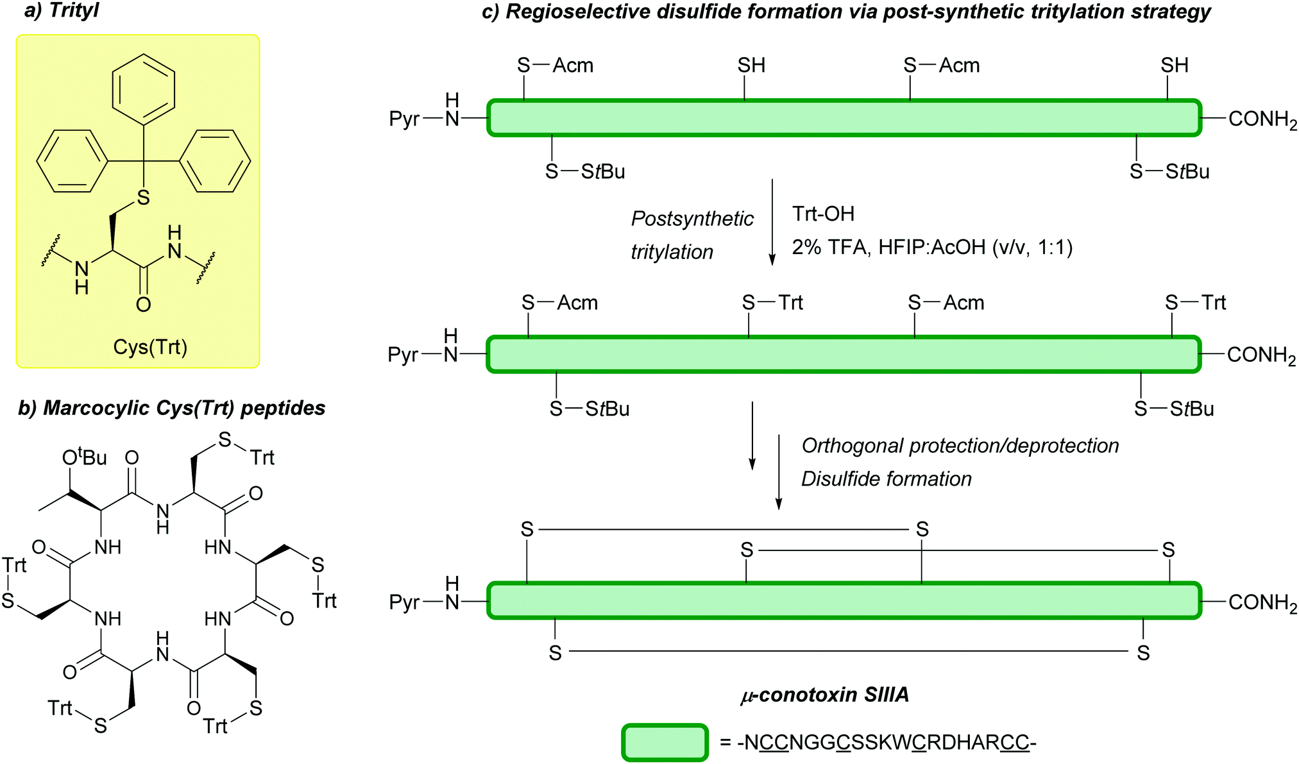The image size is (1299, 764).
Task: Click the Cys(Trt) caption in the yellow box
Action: click(x=150, y=347)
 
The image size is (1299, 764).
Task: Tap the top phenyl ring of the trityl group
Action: click(x=143, y=89)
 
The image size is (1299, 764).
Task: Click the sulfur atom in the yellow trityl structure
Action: click(x=143, y=198)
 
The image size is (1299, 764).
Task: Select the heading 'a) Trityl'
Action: click(x=62, y=10)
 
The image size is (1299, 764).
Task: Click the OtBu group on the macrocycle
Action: click(x=84, y=457)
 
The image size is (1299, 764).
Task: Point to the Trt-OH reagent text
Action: click(x=823, y=214)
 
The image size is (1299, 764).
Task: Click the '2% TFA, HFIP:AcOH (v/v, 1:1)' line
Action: click(x=932, y=247)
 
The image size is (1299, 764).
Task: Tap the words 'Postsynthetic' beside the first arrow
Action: click(x=692, y=219)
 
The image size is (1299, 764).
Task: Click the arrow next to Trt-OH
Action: click(x=772, y=222)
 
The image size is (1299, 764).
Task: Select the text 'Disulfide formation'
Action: click(x=886, y=479)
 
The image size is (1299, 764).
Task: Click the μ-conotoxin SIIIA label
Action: click(x=824, y=695)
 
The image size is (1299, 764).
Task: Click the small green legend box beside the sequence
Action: click(x=665, y=742)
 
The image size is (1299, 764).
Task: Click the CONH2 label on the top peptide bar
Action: click(x=1262, y=119)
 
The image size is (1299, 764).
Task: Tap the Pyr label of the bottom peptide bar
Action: click(x=404, y=602)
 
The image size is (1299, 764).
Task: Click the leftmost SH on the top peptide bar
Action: click(x=751, y=65)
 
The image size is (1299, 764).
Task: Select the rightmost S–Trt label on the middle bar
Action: click(x=1195, y=302)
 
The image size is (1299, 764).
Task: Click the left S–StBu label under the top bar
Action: click(x=584, y=171)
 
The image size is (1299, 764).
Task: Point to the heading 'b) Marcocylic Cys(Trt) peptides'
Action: click(x=171, y=408)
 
